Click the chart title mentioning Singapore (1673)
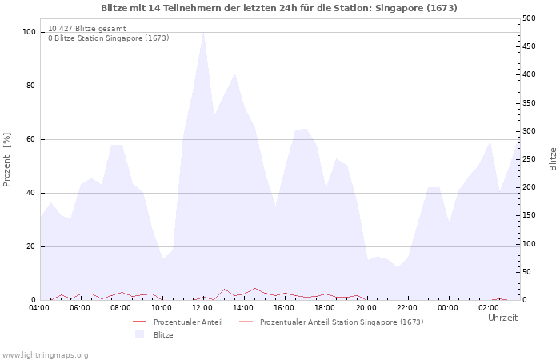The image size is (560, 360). (x=279, y=8)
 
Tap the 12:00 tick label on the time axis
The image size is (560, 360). (x=202, y=308)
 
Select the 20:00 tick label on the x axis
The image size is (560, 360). (x=366, y=308)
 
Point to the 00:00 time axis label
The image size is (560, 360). (x=448, y=308)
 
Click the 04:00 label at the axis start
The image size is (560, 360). (x=39, y=308)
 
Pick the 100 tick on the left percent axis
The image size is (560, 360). (x=29, y=32)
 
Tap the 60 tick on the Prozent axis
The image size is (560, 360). (x=30, y=139)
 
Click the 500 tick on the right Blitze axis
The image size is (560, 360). (x=529, y=18)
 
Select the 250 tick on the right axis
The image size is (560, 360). (x=529, y=159)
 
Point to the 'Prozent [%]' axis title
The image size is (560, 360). (x=6, y=160)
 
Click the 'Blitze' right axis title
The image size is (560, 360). (x=553, y=159)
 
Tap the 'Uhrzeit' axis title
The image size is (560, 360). (x=503, y=318)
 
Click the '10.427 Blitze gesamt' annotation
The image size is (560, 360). (x=87, y=29)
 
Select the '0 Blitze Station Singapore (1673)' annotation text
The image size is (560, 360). (x=109, y=38)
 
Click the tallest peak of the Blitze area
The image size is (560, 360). (x=203, y=33)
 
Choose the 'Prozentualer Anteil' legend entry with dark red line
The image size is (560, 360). (x=178, y=322)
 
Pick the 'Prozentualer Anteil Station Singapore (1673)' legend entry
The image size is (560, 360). (x=331, y=322)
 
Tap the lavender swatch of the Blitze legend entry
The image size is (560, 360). (x=140, y=334)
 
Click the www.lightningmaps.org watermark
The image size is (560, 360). (x=45, y=355)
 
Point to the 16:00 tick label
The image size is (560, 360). (x=284, y=308)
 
